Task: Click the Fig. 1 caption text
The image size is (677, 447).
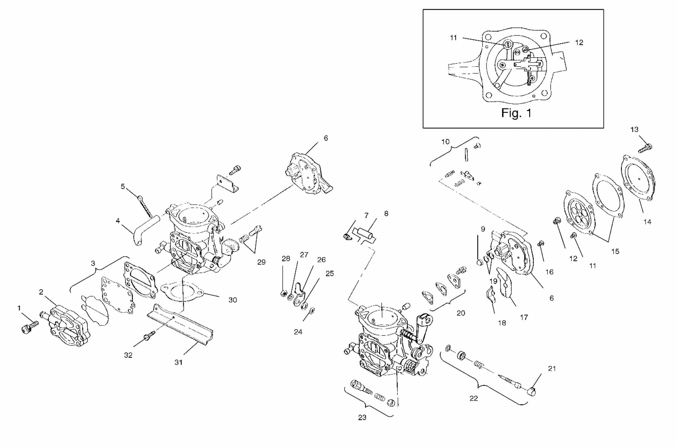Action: [516, 113]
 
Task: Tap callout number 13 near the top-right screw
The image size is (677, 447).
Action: [634, 130]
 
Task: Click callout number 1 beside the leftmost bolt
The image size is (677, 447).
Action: [19, 308]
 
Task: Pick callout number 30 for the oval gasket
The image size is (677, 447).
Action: [232, 300]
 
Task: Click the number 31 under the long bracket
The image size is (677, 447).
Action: [178, 362]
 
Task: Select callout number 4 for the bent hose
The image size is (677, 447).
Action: [118, 221]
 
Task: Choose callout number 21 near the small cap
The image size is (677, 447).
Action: [552, 369]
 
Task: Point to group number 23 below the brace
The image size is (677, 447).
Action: [362, 418]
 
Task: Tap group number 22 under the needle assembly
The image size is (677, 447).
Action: [473, 399]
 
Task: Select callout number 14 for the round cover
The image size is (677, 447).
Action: [647, 222]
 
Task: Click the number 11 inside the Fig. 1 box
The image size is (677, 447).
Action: [454, 38]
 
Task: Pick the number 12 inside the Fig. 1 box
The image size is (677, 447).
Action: [579, 43]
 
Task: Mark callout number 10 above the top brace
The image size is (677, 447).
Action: [445, 142]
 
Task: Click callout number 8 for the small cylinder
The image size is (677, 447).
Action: [386, 214]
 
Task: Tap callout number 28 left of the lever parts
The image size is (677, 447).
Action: [286, 258]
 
